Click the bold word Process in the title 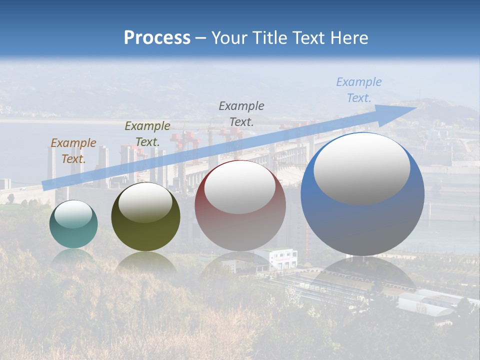coord(157,38)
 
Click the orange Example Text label coord(73,150)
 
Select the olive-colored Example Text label coord(147,133)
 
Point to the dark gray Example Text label coord(241,113)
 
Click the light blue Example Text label coord(358,89)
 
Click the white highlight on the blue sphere coord(361,167)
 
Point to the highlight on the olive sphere coord(145,202)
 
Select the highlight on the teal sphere coord(73,214)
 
